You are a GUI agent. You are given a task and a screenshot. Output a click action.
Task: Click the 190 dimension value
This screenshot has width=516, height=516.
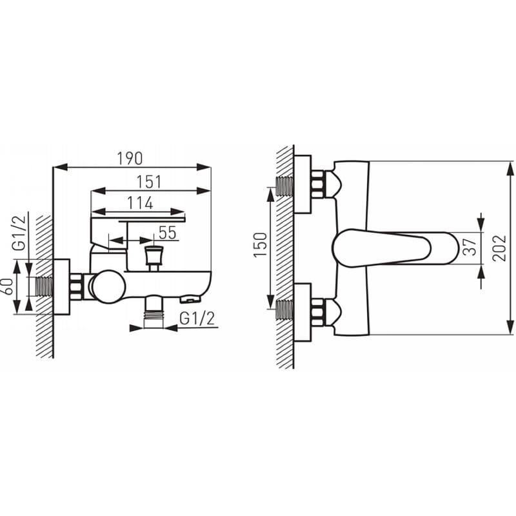click(x=130, y=159)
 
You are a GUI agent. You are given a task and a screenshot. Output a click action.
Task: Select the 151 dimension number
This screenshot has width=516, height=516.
click(x=149, y=182)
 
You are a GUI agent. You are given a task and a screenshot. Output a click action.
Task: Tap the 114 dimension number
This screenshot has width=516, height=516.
click(x=140, y=203)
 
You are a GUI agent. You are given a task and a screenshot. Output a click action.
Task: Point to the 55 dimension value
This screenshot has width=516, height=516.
click(x=168, y=233)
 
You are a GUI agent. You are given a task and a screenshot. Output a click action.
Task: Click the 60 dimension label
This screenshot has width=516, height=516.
click(x=8, y=286)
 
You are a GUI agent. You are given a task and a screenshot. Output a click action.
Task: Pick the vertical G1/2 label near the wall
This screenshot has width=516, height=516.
click(x=19, y=233)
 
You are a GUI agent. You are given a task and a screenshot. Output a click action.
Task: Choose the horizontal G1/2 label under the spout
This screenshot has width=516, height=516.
click(x=197, y=318)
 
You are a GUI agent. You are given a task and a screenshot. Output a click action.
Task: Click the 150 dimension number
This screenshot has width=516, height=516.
click(x=260, y=245)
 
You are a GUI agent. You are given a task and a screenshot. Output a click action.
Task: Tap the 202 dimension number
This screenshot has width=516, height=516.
click(x=499, y=248)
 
